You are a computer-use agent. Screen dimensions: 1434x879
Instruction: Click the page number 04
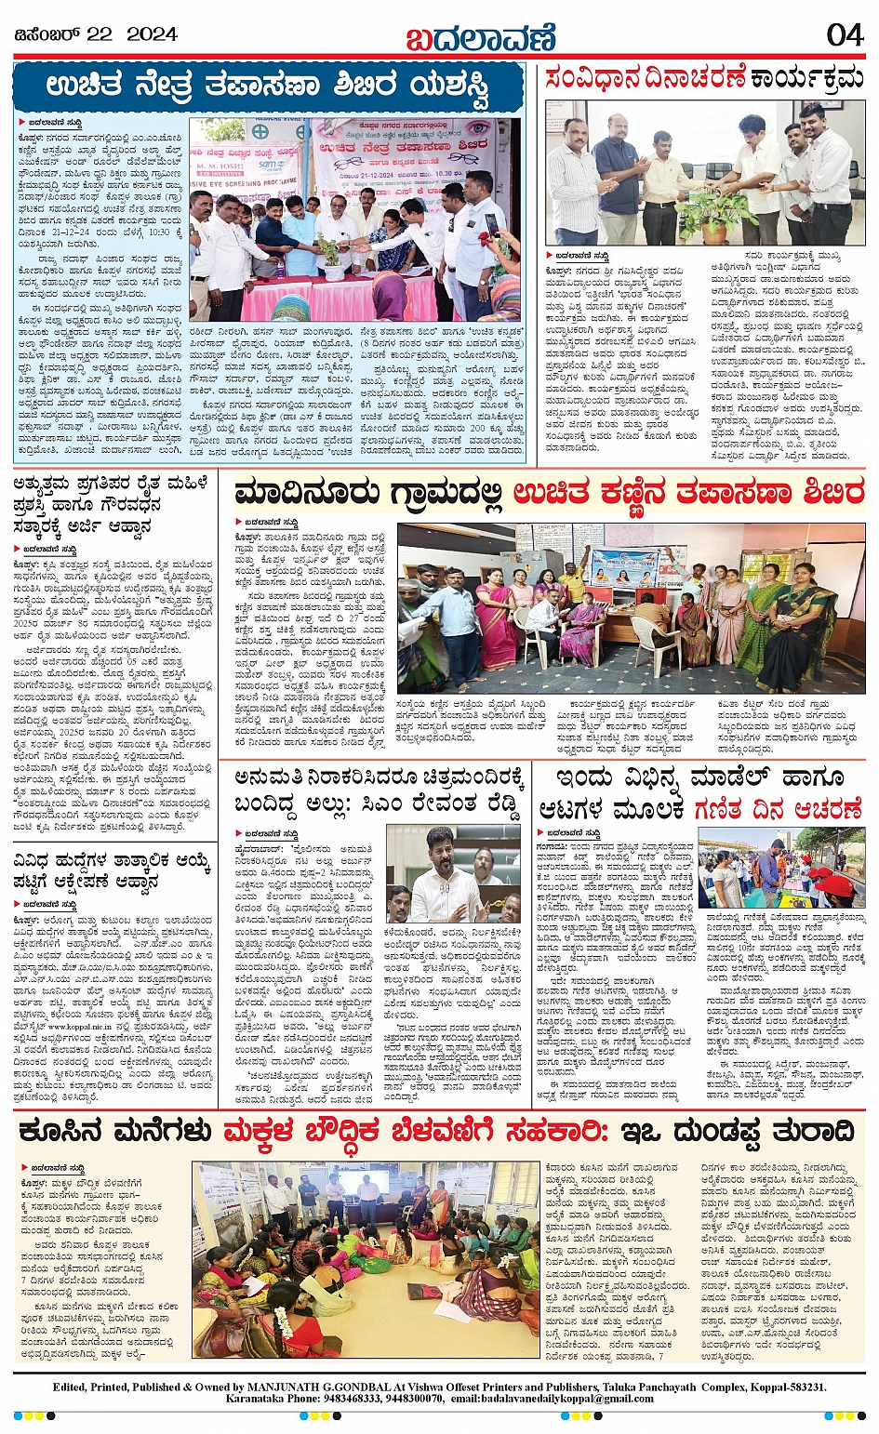845,34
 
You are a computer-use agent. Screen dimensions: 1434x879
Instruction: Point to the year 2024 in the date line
152,34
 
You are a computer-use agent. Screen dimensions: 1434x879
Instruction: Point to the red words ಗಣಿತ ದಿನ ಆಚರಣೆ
778,810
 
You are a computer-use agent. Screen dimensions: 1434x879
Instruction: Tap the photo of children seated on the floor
365,1257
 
